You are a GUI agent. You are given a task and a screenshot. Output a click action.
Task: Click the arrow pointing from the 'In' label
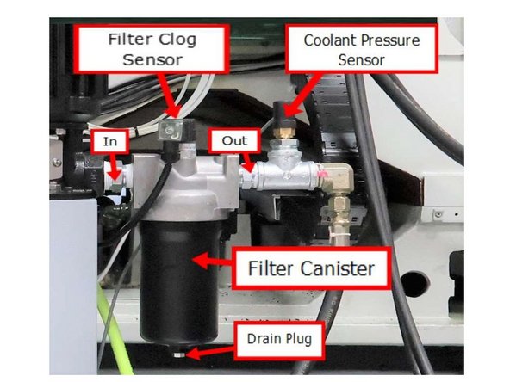tap(113, 163)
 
